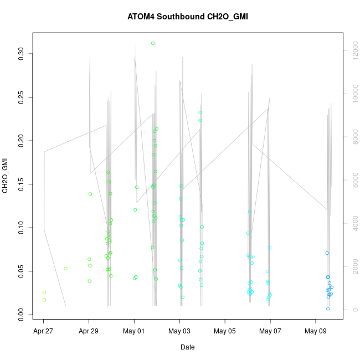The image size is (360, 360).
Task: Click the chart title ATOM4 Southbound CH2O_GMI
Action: pyautogui.click(x=188, y=17)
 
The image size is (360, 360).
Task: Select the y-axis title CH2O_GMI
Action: pyautogui.click(x=6, y=176)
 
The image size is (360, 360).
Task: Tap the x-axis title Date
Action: pyautogui.click(x=187, y=347)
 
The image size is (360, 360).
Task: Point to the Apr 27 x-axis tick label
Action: pyautogui.click(x=43, y=332)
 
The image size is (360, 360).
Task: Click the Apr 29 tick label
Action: pyautogui.click(x=89, y=332)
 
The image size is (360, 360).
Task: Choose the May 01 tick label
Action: pyautogui.click(x=134, y=332)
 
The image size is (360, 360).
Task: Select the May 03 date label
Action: pyautogui.click(x=179, y=332)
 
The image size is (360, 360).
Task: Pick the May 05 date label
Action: pyautogui.click(x=225, y=332)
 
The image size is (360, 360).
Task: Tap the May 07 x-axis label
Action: pyautogui.click(x=270, y=332)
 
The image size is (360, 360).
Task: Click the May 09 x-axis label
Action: pyautogui.click(x=316, y=332)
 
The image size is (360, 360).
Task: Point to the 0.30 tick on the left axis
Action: pyautogui.click(x=22, y=54)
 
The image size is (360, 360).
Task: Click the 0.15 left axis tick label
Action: pyautogui.click(x=22, y=184)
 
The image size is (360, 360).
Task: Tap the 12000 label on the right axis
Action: pyautogui.click(x=354, y=50)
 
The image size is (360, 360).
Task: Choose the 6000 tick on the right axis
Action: pyautogui.click(x=354, y=180)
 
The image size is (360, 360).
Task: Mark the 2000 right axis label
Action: pyautogui.click(x=354, y=266)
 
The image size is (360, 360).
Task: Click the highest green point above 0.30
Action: pyautogui.click(x=153, y=43)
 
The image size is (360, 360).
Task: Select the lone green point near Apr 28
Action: pyautogui.click(x=65, y=269)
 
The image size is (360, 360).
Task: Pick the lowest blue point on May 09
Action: pyautogui.click(x=328, y=308)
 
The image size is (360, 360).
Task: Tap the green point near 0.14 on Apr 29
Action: pyautogui.click(x=90, y=194)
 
